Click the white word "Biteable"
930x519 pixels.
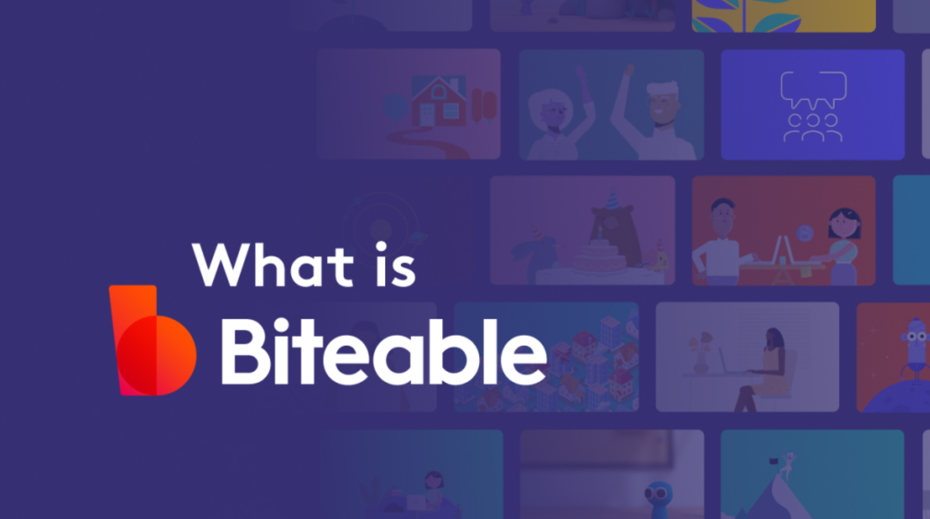[x=384, y=352]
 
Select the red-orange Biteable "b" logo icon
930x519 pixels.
[x=152, y=340]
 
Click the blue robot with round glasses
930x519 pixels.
[x=913, y=349]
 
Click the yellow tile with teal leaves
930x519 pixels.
[x=784, y=16]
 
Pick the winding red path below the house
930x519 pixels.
[x=428, y=142]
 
